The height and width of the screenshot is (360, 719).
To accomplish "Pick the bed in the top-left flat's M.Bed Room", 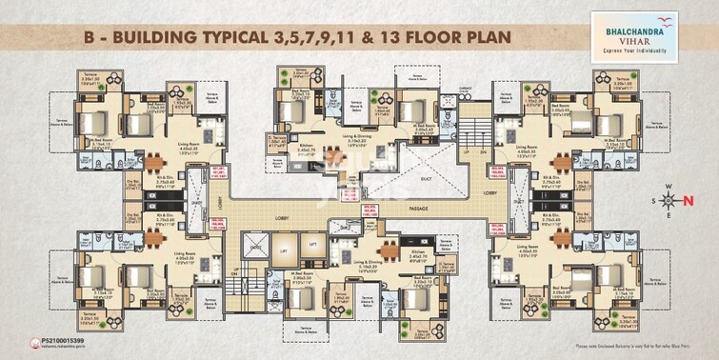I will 88,121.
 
